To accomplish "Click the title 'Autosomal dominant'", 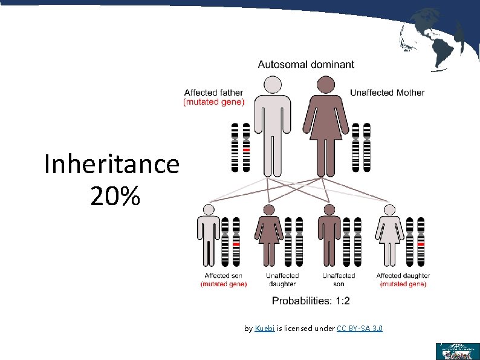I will [x=306, y=64].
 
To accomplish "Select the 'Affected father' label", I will [x=213, y=93].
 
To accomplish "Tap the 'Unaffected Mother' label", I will [x=387, y=93].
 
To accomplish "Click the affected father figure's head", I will [x=273, y=85].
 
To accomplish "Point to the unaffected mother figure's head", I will [x=326, y=85].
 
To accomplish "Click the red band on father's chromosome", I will [x=246, y=148].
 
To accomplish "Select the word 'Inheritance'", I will [x=112, y=164].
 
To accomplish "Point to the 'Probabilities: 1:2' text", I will [x=311, y=301].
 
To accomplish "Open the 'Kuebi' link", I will [x=265, y=329].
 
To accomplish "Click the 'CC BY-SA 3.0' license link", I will [x=359, y=329].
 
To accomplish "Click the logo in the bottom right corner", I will [x=457, y=352].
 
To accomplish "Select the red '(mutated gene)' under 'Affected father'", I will [x=213, y=102].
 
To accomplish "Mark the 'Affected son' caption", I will [x=223, y=276].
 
